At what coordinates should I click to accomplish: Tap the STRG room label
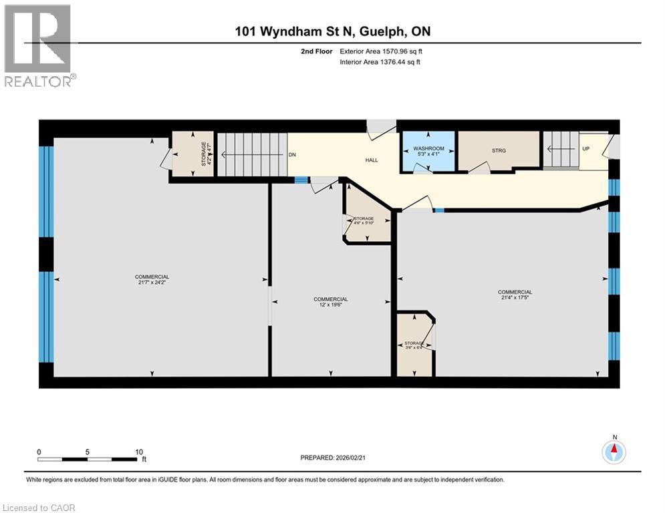(x=499, y=150)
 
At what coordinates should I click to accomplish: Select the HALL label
(x=372, y=160)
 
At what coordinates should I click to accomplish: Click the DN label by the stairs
(x=292, y=154)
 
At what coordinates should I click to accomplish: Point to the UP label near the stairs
(x=586, y=148)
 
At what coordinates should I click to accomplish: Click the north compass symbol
(x=614, y=452)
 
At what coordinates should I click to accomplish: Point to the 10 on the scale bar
(x=138, y=452)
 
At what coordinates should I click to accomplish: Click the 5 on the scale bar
(x=88, y=452)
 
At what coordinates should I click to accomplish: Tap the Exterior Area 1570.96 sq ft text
(x=380, y=51)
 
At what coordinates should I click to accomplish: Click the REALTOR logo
(x=39, y=45)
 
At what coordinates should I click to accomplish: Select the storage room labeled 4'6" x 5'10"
(x=364, y=221)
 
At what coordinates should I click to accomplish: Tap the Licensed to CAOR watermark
(x=39, y=508)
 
